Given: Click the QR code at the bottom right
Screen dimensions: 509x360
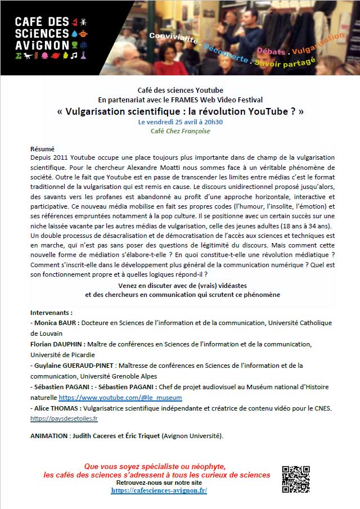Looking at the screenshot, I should tap(296, 479).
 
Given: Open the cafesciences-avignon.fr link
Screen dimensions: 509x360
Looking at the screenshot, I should tap(159, 490).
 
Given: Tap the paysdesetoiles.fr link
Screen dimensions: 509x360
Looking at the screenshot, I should tap(64, 419).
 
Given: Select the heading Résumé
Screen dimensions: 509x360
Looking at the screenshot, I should tap(42, 149).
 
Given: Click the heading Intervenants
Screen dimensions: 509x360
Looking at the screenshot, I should tap(51, 312).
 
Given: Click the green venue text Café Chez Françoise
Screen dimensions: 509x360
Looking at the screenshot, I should tap(180, 132).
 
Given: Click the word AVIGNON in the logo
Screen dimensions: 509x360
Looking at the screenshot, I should tap(42, 44).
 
